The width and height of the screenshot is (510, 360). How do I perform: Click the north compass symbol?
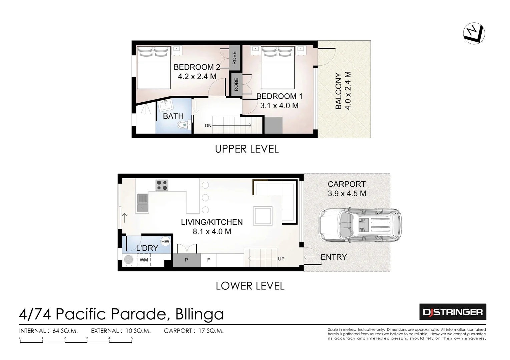(474, 33)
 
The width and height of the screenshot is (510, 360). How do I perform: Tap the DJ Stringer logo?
(452, 312)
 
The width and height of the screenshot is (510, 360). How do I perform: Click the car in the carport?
(360, 225)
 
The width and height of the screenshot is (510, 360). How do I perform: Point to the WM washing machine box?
(144, 260)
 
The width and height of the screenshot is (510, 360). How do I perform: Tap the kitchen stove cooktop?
(162, 185)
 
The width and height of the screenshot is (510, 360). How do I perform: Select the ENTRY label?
(334, 257)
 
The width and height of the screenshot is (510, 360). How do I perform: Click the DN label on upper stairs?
(208, 126)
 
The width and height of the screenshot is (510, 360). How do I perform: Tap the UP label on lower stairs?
(281, 259)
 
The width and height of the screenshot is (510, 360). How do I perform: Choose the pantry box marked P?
(186, 260)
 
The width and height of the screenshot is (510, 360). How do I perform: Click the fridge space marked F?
(209, 260)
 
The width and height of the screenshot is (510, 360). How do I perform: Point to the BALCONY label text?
(339, 91)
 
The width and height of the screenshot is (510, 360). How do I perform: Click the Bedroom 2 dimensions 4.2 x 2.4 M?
(197, 76)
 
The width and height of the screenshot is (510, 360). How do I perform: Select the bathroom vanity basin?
(165, 106)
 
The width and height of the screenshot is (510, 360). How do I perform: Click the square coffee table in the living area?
(263, 216)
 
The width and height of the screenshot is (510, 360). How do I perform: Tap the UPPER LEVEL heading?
(247, 149)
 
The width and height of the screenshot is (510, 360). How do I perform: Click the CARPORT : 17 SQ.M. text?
(194, 331)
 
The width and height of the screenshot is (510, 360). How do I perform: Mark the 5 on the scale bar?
(132, 338)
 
